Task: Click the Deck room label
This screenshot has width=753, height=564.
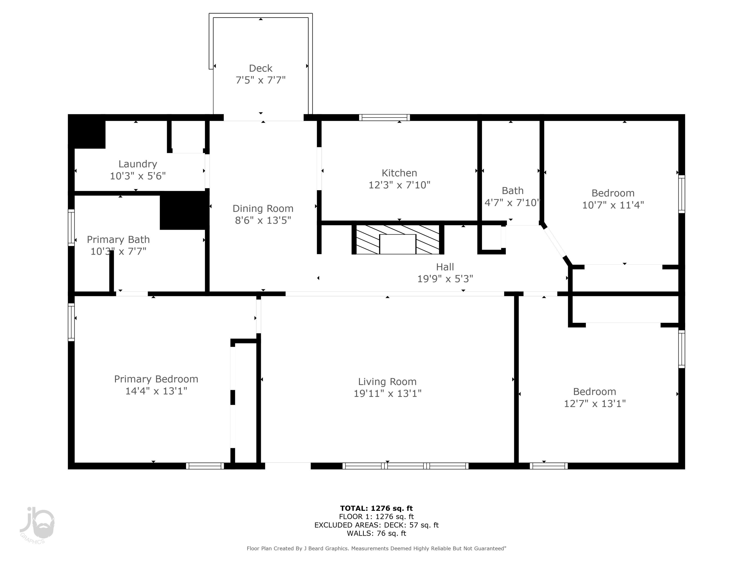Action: pyautogui.click(x=261, y=68)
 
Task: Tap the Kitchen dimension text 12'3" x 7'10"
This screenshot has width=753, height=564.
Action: pyautogui.click(x=399, y=185)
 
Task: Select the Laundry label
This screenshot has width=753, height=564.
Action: pyautogui.click(x=138, y=164)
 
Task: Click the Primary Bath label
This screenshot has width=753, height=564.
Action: pyautogui.click(x=118, y=240)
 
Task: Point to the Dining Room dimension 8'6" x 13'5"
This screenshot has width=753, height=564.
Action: pyautogui.click(x=263, y=221)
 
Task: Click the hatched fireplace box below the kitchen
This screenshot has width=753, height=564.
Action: pyautogui.click(x=397, y=239)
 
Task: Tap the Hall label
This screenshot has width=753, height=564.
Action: pyautogui.click(x=445, y=267)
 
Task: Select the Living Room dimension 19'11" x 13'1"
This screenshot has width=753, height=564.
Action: pyautogui.click(x=387, y=393)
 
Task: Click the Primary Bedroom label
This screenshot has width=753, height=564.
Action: pyautogui.click(x=156, y=379)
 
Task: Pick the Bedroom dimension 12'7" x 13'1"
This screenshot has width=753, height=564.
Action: pyautogui.click(x=595, y=404)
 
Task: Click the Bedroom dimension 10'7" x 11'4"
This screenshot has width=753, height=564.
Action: pyautogui.click(x=613, y=205)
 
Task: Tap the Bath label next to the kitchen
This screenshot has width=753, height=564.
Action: pyautogui.click(x=512, y=191)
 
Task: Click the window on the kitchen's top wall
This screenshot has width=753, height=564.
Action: pyautogui.click(x=384, y=118)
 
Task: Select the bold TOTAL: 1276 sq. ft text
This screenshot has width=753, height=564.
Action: pyautogui.click(x=376, y=508)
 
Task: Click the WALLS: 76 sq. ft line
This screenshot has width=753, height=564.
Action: pyautogui.click(x=376, y=533)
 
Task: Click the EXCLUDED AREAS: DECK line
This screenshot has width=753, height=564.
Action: pyautogui.click(x=376, y=525)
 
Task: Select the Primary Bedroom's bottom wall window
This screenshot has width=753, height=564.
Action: pyautogui.click(x=205, y=466)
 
